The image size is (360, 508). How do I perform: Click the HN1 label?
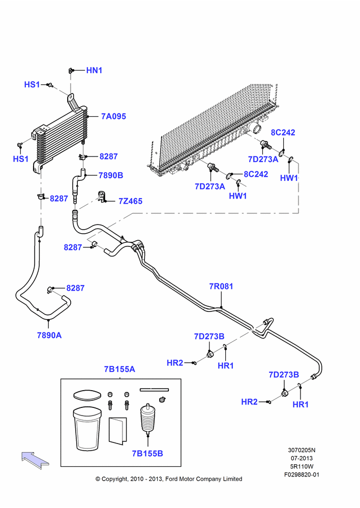coord(94,70)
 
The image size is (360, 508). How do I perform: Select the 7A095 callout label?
coord(113,116)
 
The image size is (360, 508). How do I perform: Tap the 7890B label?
coord(111,175)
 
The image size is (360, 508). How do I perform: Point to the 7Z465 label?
coord(130,201)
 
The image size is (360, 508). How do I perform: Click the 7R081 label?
coord(221,287)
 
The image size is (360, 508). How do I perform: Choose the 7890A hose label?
coord(49,335)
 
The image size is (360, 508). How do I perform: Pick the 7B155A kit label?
coord(119,369)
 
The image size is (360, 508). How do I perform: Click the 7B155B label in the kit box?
coord(147,454)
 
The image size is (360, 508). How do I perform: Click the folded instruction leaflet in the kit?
coord(118,431)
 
